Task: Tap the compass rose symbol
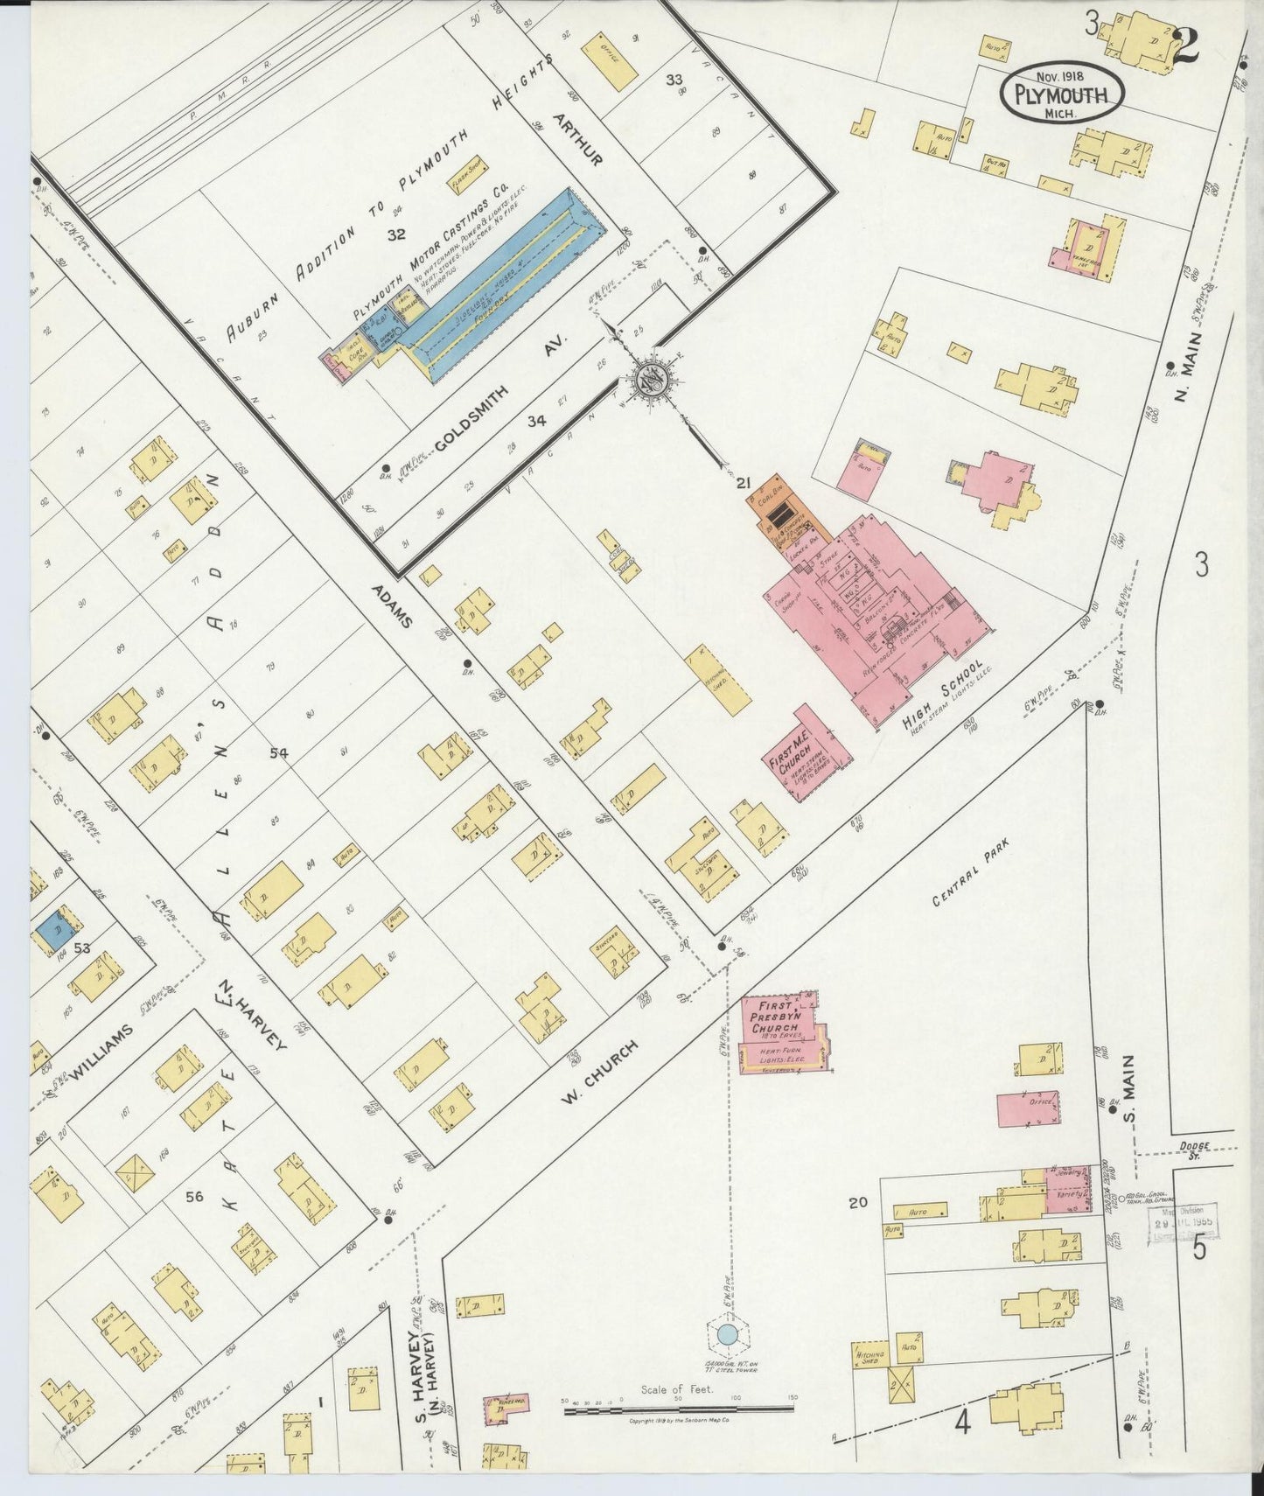point(651,379)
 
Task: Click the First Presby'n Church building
point(781,1032)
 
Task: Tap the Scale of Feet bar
point(678,1410)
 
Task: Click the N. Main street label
point(1189,367)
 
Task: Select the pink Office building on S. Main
point(1033,1108)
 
